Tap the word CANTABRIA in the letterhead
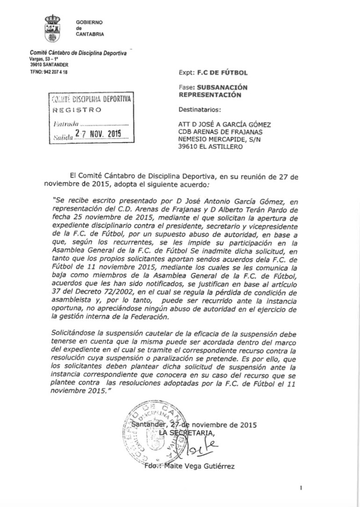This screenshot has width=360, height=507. [90, 35]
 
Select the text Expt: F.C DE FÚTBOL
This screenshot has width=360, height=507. [213, 73]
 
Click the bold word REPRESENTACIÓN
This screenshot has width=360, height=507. [210, 94]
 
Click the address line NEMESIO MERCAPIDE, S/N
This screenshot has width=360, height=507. [222, 139]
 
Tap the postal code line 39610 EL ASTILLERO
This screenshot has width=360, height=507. [211, 146]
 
